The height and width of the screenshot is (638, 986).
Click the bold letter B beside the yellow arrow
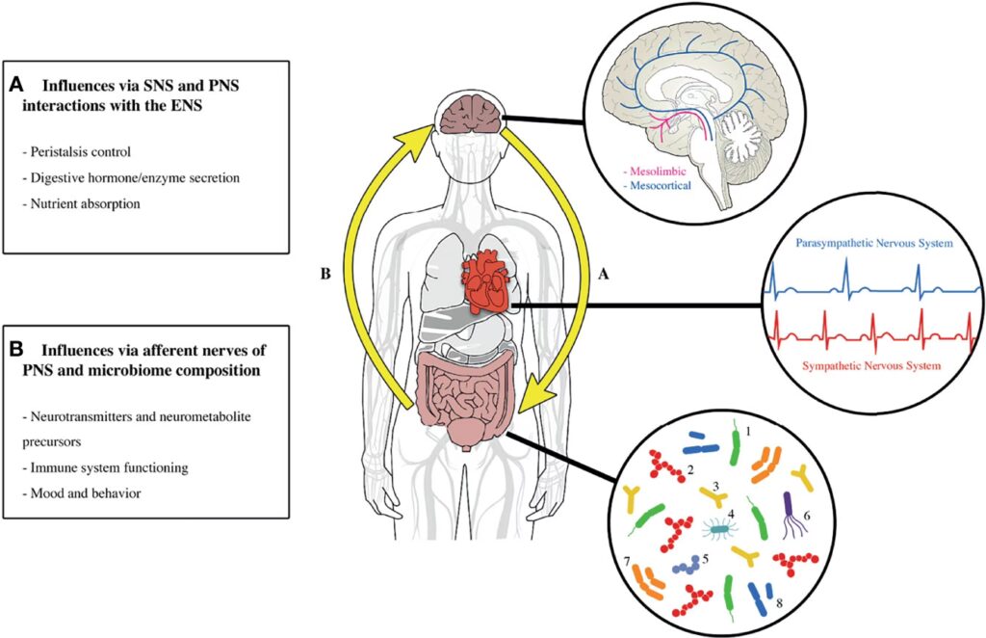click(326, 274)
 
